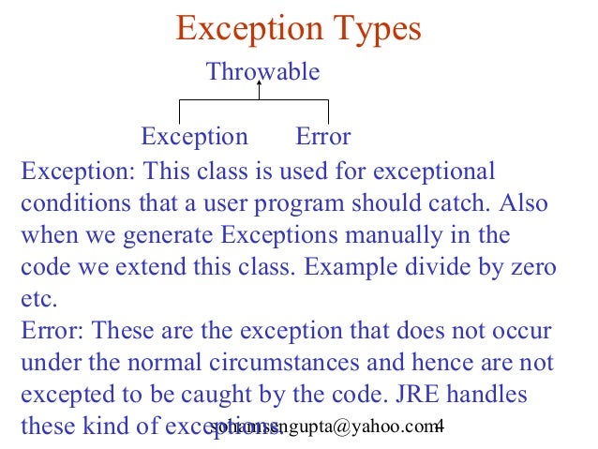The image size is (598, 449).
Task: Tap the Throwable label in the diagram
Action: tap(262, 71)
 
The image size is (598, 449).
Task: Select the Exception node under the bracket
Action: tap(194, 137)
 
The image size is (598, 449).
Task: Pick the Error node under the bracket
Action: tap(323, 137)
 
